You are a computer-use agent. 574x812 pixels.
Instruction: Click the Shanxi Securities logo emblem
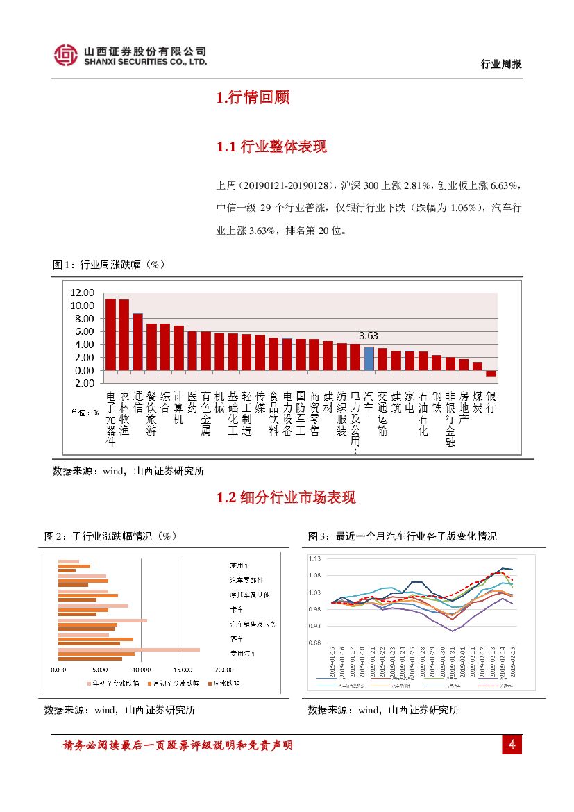[66, 56]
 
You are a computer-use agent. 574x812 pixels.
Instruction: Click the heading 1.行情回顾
[253, 98]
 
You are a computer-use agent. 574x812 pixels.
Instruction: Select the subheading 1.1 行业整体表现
[271, 147]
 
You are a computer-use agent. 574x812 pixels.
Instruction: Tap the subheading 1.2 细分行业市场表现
[286, 497]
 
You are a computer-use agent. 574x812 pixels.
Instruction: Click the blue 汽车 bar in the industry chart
[369, 358]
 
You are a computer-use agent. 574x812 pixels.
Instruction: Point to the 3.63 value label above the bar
[369, 336]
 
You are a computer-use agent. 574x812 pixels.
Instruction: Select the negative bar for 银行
[491, 374]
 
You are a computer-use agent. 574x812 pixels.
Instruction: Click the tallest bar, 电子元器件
[110, 334]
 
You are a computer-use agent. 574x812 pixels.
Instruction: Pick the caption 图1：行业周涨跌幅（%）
[109, 265]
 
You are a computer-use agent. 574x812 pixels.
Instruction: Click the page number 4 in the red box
[512, 745]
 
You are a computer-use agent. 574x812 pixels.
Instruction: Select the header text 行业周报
[501, 64]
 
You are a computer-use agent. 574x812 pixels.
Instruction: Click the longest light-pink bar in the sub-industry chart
[129, 649]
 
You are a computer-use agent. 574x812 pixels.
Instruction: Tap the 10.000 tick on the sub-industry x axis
[141, 670]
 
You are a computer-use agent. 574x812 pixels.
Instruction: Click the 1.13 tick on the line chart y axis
[314, 558]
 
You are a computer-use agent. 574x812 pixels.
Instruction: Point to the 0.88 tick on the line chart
[314, 643]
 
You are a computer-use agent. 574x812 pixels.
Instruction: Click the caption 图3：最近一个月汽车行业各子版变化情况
[402, 536]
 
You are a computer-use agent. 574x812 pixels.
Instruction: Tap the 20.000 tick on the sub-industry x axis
[223, 670]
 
